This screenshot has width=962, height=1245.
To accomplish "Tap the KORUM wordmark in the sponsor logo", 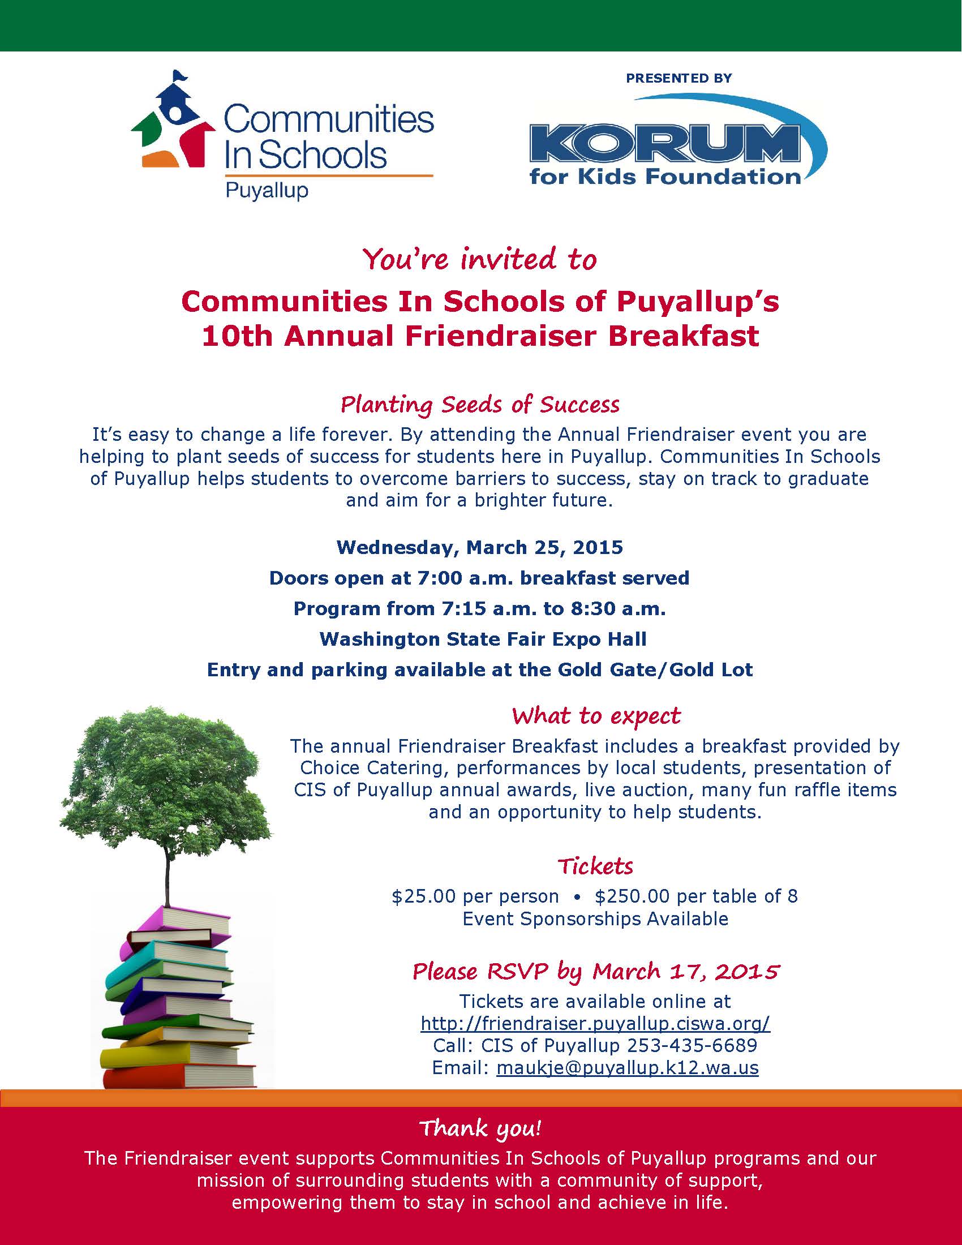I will tap(664, 144).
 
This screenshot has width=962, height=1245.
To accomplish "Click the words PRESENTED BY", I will tap(678, 78).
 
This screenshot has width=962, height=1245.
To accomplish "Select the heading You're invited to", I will tap(480, 259).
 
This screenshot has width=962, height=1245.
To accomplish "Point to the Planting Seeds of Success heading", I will tap(480, 405).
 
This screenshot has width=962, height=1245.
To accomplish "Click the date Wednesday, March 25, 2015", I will tap(480, 548).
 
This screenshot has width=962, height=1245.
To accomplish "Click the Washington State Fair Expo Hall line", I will tap(483, 639).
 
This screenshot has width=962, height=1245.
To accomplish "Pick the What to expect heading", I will tap(595, 716).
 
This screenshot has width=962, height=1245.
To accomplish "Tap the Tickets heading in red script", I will tap(595, 866).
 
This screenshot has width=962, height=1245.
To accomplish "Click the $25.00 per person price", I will tap(475, 897).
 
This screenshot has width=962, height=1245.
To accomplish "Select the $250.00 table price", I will tap(632, 897).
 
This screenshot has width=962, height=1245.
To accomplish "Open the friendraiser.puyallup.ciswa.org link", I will tap(595, 1023).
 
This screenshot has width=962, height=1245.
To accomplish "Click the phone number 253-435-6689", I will tap(692, 1045).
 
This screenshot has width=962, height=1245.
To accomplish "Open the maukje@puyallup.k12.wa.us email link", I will tap(627, 1067).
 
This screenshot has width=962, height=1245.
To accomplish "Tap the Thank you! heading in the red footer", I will tap(480, 1128).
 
